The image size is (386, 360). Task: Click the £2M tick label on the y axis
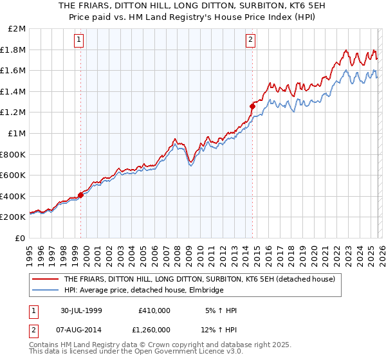(x=17, y=29)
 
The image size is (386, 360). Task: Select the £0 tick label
(x=21, y=238)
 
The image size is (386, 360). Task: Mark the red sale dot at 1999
(x=81, y=195)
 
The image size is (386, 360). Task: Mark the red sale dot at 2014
(x=252, y=106)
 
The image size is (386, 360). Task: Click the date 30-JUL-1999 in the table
(x=81, y=310)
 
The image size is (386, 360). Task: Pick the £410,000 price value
(x=154, y=310)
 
